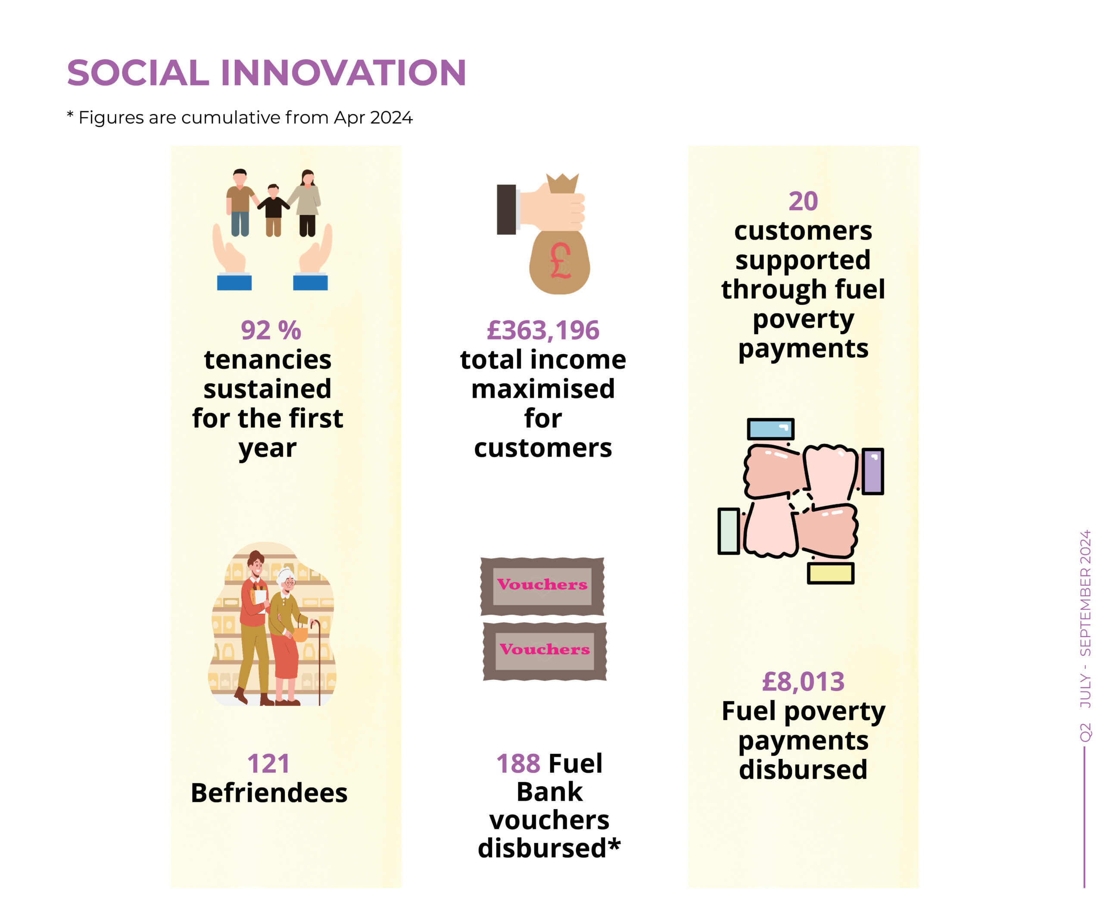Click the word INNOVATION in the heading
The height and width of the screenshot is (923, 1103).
[343, 72]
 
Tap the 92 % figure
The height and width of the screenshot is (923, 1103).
[271, 330]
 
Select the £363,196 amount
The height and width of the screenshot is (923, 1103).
[543, 330]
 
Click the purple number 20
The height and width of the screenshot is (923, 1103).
[803, 201]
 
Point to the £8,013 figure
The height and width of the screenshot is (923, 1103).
[803, 681]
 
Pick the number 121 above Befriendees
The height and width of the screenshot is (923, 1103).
[268, 763]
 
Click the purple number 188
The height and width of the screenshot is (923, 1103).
[518, 763]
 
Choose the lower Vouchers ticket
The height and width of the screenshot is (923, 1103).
[545, 652]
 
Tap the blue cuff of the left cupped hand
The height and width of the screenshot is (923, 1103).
[234, 283]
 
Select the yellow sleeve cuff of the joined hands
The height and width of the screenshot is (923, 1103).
[830, 573]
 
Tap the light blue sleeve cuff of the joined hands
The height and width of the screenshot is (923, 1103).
[770, 429]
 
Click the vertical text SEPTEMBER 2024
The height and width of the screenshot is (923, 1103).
[1085, 593]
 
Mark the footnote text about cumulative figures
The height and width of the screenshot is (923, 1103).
[240, 118]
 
